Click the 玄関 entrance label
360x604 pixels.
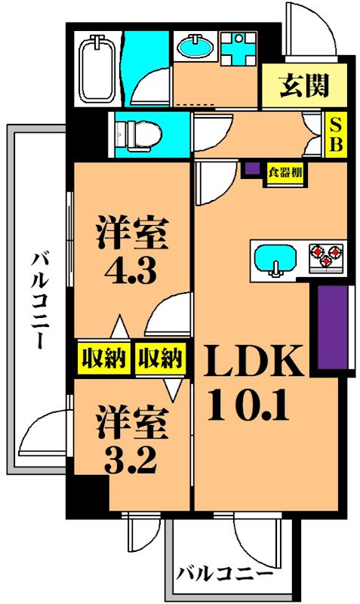pyautogui.click(x=305, y=87)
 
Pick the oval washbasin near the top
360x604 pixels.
pyautogui.click(x=196, y=47)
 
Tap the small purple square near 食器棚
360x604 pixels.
pyautogui.click(x=252, y=170)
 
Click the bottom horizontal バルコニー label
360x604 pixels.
pyautogui.click(x=226, y=574)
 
